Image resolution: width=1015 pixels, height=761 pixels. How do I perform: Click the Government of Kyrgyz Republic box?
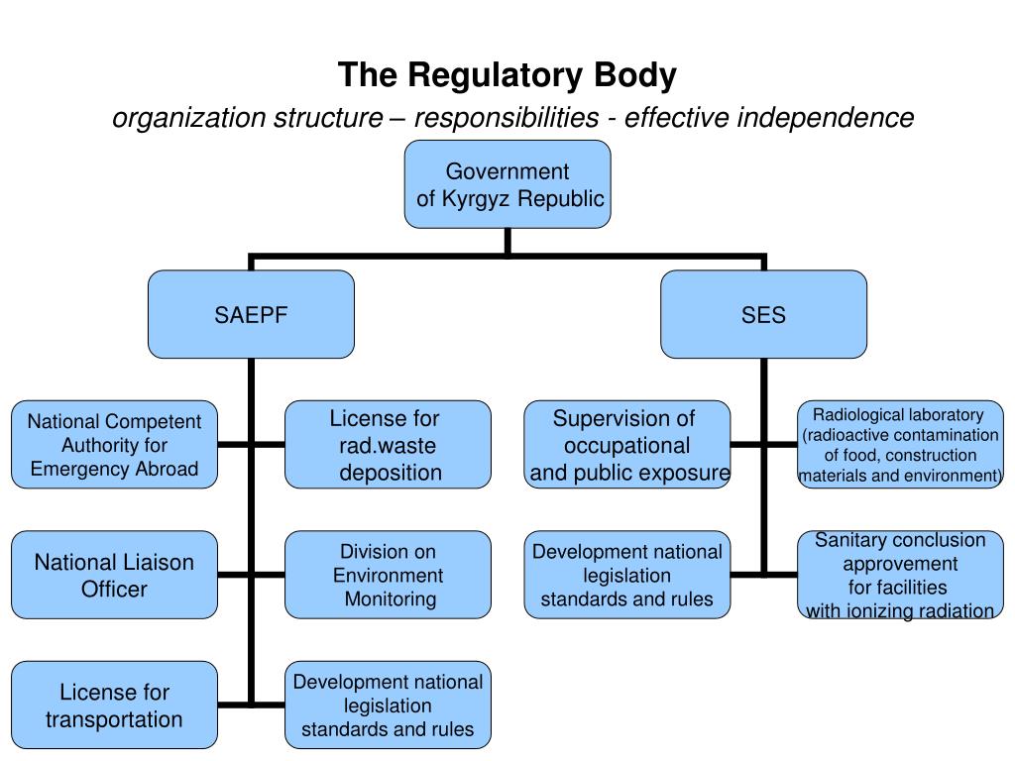coord(507,184)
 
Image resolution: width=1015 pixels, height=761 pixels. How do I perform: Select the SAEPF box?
coord(251,314)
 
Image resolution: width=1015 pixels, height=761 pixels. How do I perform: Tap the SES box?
coord(764,314)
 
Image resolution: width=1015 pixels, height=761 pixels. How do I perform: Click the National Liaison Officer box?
coord(115,575)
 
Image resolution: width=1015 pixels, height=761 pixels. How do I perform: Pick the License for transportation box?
coord(115,705)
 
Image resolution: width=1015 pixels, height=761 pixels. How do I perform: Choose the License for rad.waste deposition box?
coord(388,445)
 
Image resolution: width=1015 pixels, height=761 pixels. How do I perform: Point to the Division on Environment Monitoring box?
coord(388,575)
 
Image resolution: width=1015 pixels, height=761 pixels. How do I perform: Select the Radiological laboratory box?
coord(900,445)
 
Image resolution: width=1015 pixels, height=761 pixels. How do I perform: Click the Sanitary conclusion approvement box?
coord(900,575)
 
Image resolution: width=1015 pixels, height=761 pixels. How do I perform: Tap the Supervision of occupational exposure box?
coord(627,445)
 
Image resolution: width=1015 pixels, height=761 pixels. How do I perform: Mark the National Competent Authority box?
coord(115,445)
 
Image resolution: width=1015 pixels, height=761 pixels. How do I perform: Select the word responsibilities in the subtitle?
coord(507,118)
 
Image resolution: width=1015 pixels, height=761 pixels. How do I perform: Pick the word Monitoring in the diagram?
coord(391,599)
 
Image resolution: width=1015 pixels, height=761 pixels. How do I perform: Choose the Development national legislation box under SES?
coord(627,575)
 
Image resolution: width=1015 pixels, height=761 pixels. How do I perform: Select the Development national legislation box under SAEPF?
coord(388,705)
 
